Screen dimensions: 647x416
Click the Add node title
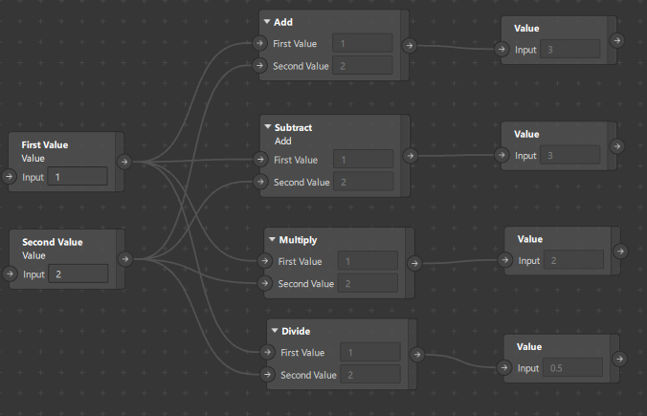coord(283,21)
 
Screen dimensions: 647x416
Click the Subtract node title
coord(293,127)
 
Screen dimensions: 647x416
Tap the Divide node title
coord(296,331)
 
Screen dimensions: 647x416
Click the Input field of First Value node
coord(78,177)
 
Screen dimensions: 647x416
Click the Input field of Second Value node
coord(78,274)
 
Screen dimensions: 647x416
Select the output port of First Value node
coord(124,162)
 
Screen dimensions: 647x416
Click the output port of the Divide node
coord(423,354)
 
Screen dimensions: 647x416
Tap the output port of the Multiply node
coord(414,262)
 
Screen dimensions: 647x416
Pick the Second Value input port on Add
coord(259,66)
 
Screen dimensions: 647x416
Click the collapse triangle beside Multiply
coord(272,239)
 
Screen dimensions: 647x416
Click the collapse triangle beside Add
coord(266,21)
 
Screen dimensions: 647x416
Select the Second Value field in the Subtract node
coord(363,182)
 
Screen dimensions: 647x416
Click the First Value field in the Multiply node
coord(367,261)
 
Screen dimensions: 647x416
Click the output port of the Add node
coord(410,44)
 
